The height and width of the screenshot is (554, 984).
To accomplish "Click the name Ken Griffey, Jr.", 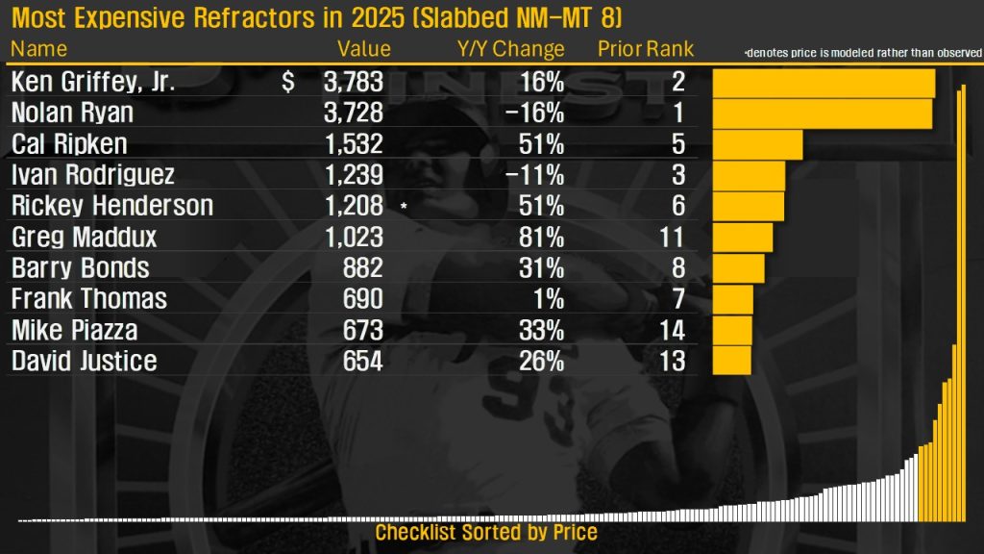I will [92, 83].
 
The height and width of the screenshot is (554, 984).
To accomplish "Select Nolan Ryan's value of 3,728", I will [354, 113].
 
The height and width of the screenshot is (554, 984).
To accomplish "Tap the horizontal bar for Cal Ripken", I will [757, 144].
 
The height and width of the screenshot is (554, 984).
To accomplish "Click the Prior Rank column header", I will [646, 49].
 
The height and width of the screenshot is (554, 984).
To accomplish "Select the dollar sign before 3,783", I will [288, 83].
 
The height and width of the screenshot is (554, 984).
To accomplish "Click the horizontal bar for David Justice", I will [731, 362].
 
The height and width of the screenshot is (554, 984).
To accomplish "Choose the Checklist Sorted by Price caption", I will [486, 533].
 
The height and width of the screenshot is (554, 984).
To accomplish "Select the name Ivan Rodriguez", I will [92, 175].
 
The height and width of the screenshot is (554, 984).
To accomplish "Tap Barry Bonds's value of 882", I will [362, 268].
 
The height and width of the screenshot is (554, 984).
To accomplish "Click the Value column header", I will [364, 49].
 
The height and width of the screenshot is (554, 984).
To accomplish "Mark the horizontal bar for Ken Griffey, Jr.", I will [824, 83].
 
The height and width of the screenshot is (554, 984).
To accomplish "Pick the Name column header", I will [40, 49].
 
